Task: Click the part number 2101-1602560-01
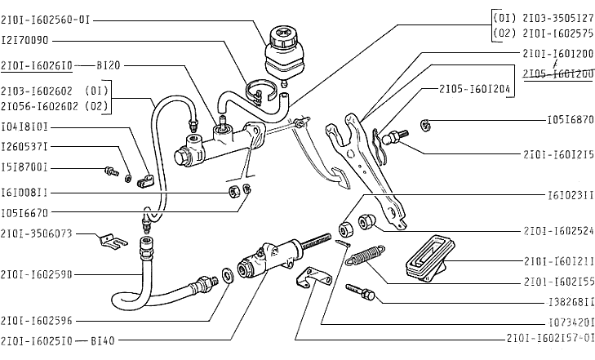(x=44, y=19)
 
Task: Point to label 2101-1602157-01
(x=550, y=337)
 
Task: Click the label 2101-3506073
(x=37, y=233)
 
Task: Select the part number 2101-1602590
(x=37, y=274)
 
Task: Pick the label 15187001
(x=24, y=167)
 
